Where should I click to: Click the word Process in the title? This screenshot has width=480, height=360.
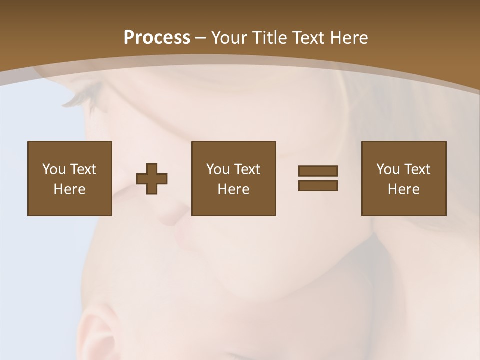[157, 38]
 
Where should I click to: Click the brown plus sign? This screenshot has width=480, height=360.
[152, 178]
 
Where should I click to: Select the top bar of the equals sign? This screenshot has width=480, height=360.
[318, 171]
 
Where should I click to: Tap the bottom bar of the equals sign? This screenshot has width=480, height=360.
[318, 185]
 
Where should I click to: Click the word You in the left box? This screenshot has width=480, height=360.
[54, 169]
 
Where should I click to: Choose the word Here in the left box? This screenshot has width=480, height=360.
[69, 189]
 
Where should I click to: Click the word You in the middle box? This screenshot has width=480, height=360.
[218, 169]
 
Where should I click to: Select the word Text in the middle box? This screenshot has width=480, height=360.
[246, 169]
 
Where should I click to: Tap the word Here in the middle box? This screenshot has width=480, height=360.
[233, 189]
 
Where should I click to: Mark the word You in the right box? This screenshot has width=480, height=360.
[388, 169]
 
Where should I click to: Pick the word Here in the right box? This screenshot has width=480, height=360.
[403, 189]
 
